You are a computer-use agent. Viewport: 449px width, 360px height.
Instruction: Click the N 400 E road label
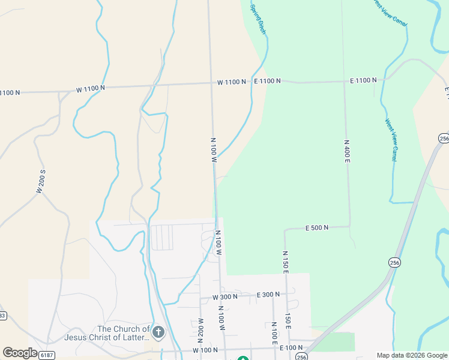[347, 152]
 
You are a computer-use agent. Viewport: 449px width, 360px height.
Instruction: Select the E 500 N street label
[316, 228]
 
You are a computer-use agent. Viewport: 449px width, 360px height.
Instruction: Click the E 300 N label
[268, 295]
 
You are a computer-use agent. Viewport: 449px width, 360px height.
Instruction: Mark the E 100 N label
[291, 348]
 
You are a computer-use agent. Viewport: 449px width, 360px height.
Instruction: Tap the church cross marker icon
[158, 332]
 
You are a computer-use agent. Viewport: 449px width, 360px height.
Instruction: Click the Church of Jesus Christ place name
[124, 333]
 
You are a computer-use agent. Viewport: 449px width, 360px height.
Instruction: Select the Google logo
[20, 353]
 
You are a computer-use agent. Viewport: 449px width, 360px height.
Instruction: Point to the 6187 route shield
[46, 355]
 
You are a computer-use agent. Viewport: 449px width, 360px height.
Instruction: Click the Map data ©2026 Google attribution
[411, 355]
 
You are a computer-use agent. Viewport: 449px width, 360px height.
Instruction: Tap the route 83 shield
[2, 316]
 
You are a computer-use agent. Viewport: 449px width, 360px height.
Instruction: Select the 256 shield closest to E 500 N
[394, 263]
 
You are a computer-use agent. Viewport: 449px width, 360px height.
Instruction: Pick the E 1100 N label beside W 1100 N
[267, 80]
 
